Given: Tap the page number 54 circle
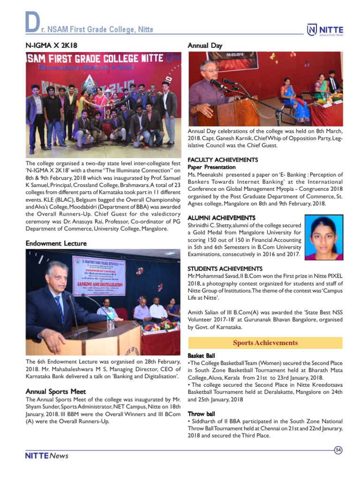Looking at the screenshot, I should pos(338,450).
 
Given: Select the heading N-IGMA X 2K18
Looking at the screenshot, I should pos(51,45).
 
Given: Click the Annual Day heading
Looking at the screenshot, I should pos(205,45).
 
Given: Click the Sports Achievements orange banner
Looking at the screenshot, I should pos(265,343).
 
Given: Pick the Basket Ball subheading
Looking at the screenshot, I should pos(202,356).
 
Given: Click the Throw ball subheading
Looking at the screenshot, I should pos(202,414).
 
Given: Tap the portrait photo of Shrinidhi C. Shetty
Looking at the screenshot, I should pos(323,237).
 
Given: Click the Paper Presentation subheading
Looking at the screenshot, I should pos(211,167).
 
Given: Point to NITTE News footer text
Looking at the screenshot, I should pos(47,456).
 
